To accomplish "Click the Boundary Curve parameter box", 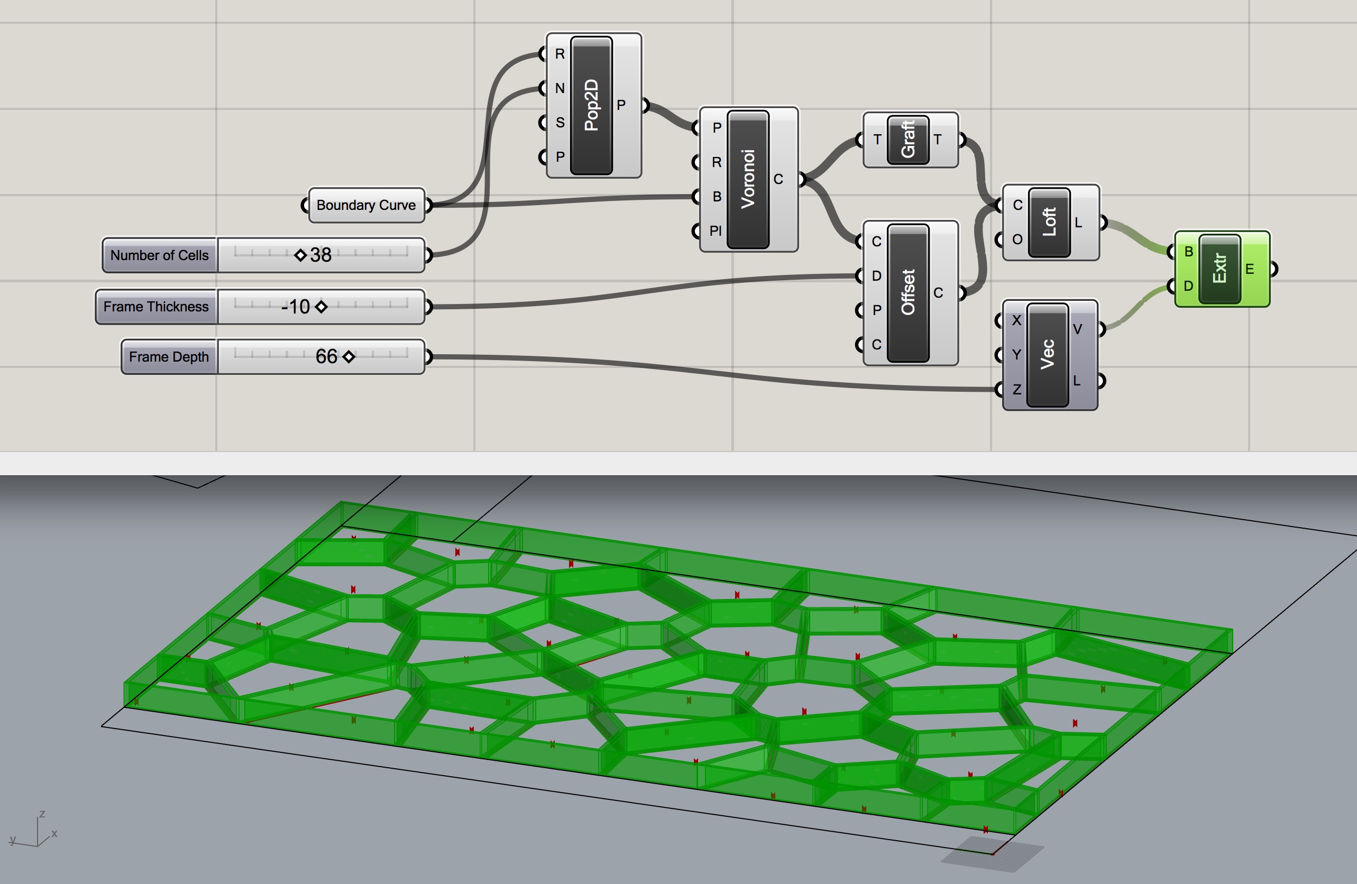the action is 366,205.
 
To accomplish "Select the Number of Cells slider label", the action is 160,255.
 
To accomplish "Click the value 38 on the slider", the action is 320,255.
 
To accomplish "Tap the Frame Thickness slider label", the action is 156,307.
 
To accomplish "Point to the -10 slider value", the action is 295,307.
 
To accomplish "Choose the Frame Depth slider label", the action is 169,357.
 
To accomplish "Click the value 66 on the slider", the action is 327,356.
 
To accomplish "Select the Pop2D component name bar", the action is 591,105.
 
